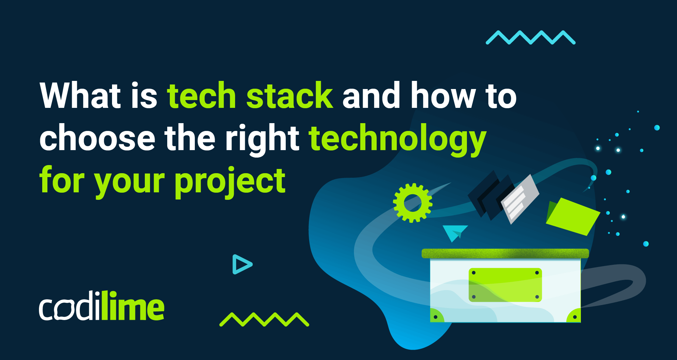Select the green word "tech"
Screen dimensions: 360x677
click(x=201, y=96)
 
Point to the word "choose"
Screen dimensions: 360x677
click(x=97, y=138)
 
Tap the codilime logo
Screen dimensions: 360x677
click(x=102, y=306)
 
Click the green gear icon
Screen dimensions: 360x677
click(x=413, y=203)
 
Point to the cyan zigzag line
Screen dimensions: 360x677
click(x=531, y=37)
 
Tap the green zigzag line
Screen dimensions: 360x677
click(x=264, y=319)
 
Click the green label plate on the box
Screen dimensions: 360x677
click(x=505, y=285)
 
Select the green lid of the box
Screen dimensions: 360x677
click(x=505, y=253)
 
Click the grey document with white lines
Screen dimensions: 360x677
click(x=519, y=199)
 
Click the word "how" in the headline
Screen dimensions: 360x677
click(x=443, y=96)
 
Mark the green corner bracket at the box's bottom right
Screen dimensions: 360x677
click(x=574, y=315)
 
